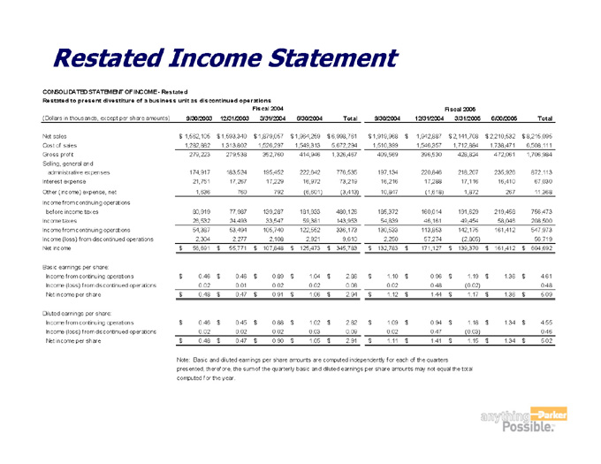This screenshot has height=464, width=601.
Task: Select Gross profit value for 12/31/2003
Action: pos(240,155)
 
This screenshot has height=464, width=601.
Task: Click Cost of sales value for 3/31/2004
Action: pos(284,145)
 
